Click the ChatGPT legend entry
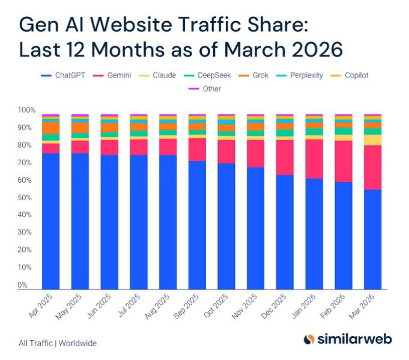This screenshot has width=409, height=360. pyautogui.click(x=63, y=75)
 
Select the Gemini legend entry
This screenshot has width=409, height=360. pyautogui.click(x=112, y=75)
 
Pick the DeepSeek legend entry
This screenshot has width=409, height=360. pyautogui.click(x=207, y=75)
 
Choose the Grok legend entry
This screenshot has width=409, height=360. pyautogui.click(x=253, y=75)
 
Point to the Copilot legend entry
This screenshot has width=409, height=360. pyautogui.click(x=350, y=75)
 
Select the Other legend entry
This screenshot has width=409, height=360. pyautogui.click(x=205, y=89)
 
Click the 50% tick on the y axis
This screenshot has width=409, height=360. pyautogui.click(x=25, y=198)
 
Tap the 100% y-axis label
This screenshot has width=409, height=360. pyautogui.click(x=26, y=110)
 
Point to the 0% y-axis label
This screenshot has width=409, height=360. pyautogui.click(x=22, y=285)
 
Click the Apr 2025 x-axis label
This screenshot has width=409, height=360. pyautogui.click(x=41, y=306)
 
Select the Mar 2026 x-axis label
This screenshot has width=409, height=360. pyautogui.click(x=362, y=307)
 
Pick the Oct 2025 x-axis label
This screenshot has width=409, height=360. pyautogui.click(x=216, y=306)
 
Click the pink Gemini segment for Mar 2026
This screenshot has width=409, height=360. pyautogui.click(x=373, y=167)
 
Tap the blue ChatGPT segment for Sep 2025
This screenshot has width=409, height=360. pyautogui.click(x=197, y=225)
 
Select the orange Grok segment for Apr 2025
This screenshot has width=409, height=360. pyautogui.click(x=51, y=128)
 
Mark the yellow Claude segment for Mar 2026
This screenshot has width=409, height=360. pyautogui.click(x=373, y=140)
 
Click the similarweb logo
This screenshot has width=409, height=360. pyautogui.click(x=348, y=339)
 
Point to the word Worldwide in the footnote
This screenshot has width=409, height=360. pyautogui.click(x=77, y=343)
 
